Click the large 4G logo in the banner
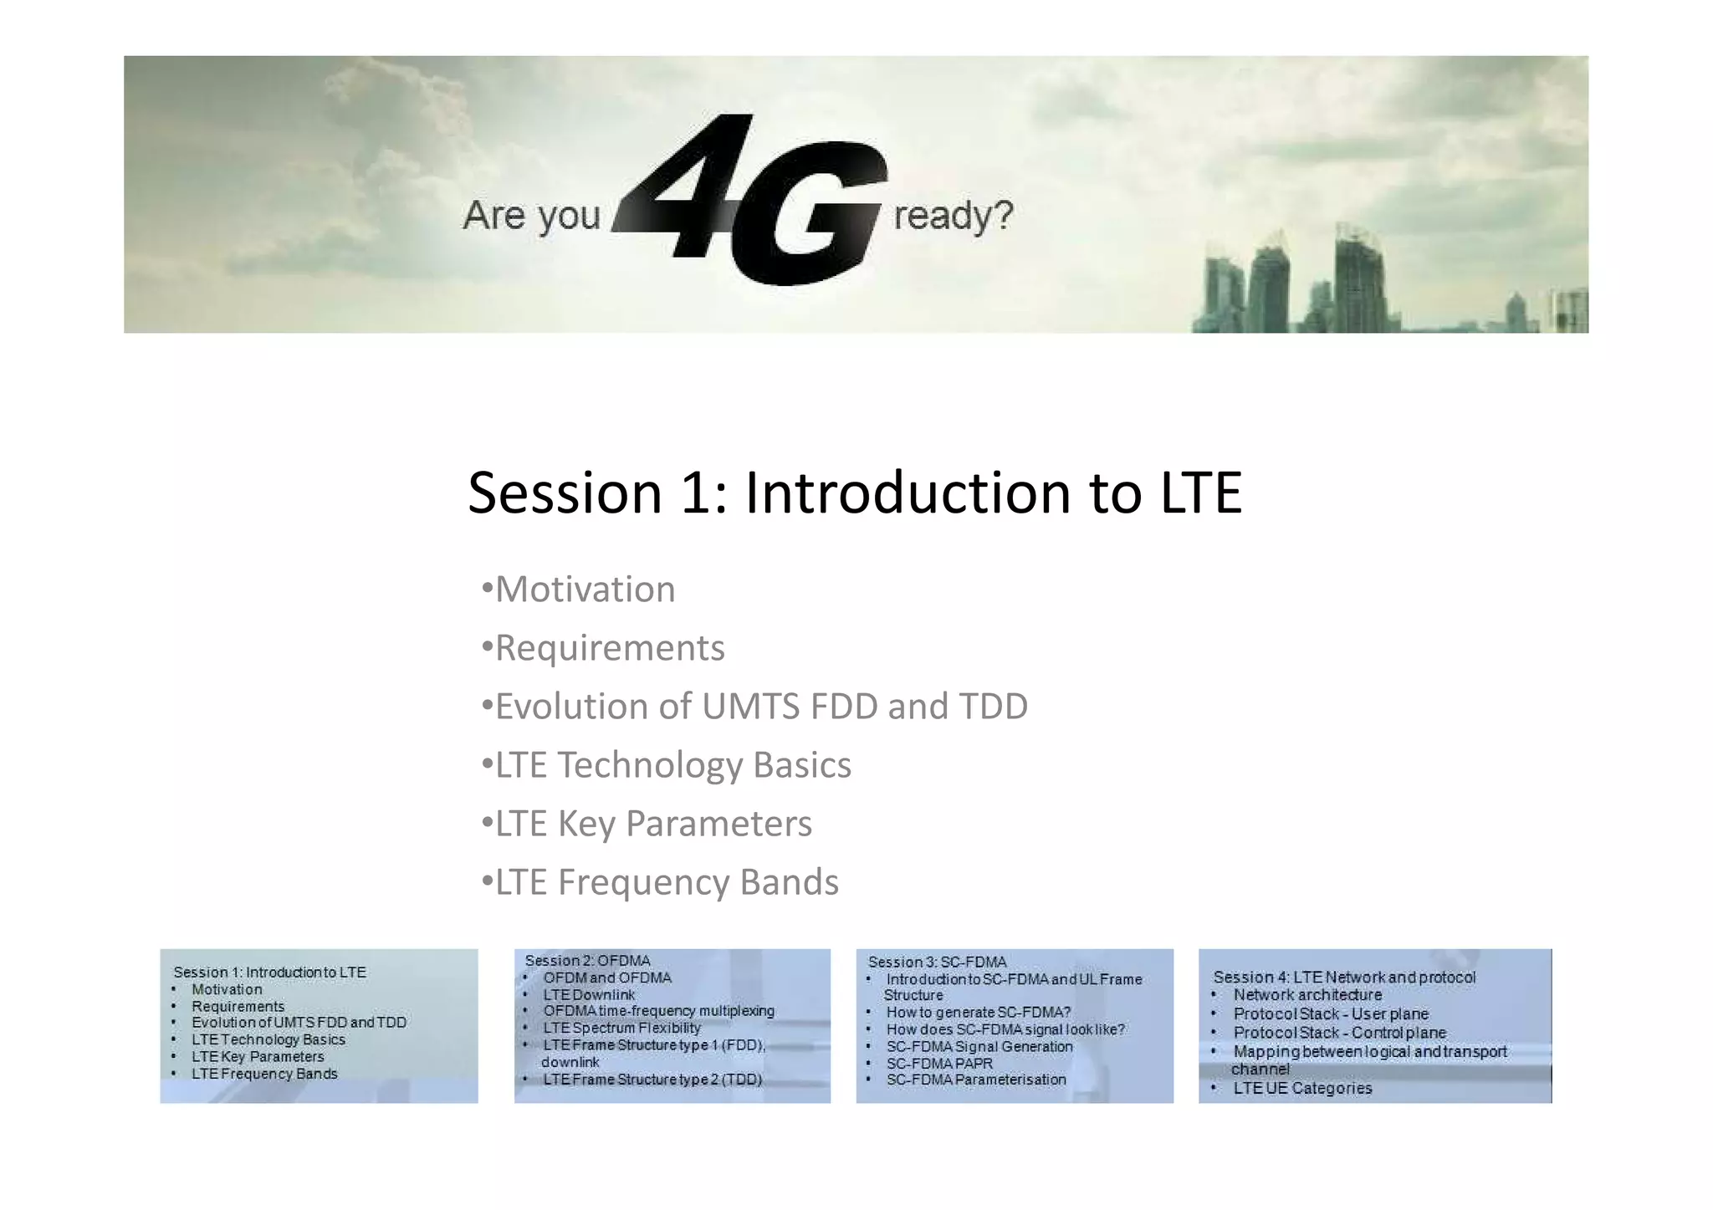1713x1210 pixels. click(x=753, y=201)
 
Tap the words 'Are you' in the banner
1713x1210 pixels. click(x=532, y=216)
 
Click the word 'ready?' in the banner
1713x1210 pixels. click(x=953, y=216)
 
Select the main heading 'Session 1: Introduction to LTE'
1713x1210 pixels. click(x=854, y=493)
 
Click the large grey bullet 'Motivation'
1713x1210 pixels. click(x=585, y=590)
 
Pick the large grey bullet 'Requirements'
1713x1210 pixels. click(x=610, y=648)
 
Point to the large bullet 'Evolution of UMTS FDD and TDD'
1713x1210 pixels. click(x=761, y=707)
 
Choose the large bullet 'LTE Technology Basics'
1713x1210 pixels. click(x=672, y=765)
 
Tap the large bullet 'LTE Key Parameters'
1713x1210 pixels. click(x=653, y=824)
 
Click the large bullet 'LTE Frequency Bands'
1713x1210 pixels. click(x=667, y=882)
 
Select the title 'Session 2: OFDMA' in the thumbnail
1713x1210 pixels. click(x=587, y=961)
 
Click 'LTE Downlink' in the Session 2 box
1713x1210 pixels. click(x=589, y=995)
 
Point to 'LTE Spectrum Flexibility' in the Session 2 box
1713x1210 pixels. click(x=621, y=1029)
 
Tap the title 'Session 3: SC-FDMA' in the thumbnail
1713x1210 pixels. click(x=937, y=962)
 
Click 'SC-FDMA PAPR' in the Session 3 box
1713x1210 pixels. click(x=939, y=1064)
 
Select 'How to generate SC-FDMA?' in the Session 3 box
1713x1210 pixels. click(x=978, y=1013)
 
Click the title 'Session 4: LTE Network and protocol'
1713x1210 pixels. click(x=1344, y=978)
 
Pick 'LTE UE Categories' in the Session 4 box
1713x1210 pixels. click(x=1302, y=1089)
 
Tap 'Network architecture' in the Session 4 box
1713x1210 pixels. click(x=1307, y=995)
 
